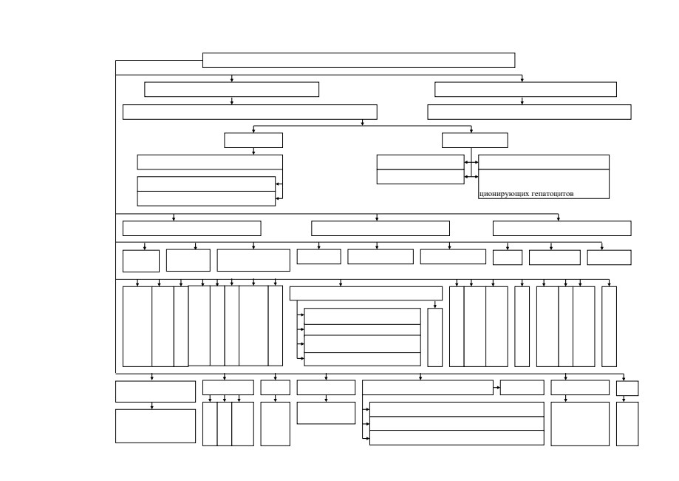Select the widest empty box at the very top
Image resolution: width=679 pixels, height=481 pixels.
[x=358, y=60]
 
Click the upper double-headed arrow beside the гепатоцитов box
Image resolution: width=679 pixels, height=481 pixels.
[x=471, y=162]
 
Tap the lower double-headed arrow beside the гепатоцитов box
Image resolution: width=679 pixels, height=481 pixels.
[x=471, y=177]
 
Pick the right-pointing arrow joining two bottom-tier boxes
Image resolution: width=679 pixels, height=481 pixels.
[x=497, y=387]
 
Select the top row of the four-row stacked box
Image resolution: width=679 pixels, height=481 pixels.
[x=363, y=316]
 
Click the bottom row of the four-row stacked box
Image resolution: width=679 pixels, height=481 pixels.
[x=363, y=359]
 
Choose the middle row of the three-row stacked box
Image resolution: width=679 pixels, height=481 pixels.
[x=457, y=423]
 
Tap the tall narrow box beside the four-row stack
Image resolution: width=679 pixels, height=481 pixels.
[x=434, y=337]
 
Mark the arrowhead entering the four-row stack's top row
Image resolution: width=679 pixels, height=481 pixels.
[x=302, y=315]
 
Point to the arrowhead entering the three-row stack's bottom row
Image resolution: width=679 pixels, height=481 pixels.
[x=368, y=438]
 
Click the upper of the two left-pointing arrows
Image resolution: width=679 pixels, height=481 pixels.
[x=279, y=184]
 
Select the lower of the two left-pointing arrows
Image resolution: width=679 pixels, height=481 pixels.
[x=279, y=198]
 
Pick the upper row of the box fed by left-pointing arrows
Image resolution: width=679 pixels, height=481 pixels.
[x=206, y=184]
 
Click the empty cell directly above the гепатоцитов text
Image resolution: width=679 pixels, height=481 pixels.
[x=544, y=162]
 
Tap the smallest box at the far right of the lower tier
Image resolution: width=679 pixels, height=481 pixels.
[x=627, y=388]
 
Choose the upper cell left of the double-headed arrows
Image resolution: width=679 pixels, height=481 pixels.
[x=420, y=162]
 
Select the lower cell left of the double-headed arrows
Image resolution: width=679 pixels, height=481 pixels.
[x=420, y=177]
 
